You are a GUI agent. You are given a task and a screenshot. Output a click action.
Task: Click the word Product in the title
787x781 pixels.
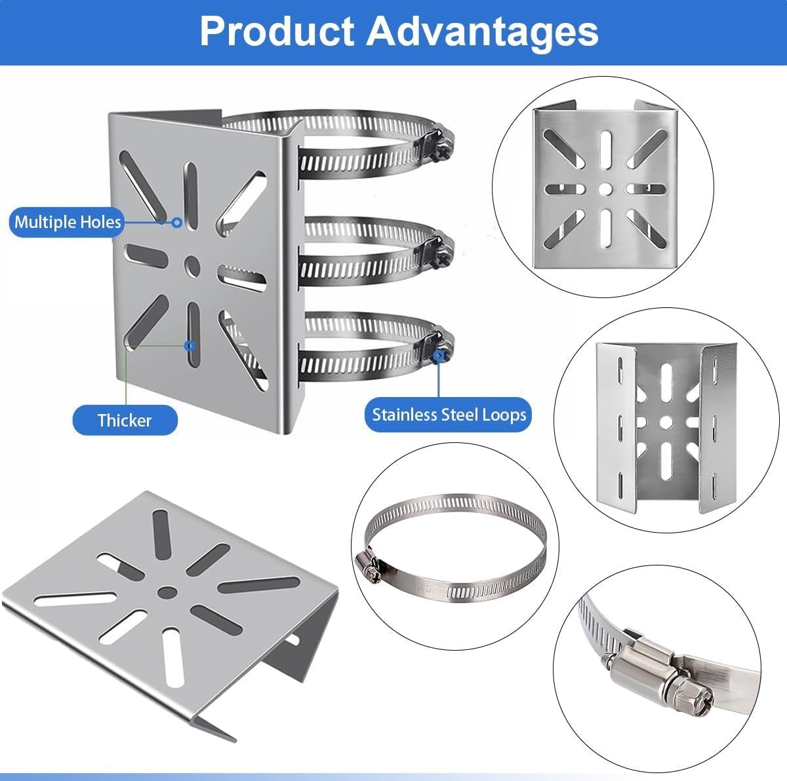coord(277,31)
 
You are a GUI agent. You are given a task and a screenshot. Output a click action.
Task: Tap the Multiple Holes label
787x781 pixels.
coord(67,222)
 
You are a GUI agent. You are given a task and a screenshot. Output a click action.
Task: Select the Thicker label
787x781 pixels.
coord(125,420)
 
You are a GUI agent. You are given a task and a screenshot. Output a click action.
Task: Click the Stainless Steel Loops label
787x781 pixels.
coord(449,415)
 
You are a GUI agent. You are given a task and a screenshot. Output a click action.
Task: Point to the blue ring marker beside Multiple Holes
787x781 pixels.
coord(177,222)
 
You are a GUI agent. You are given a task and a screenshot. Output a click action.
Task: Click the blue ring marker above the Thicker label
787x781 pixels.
coord(189,346)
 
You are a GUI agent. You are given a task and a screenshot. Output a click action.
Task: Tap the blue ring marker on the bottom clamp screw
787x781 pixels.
coord(438,356)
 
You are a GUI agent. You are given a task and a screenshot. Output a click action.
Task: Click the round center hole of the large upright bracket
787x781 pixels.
coord(192,265)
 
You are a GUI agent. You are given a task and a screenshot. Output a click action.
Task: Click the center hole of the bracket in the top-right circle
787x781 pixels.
coord(606,189)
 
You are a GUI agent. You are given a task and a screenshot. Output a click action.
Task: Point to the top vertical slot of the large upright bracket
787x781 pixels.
coord(191,196)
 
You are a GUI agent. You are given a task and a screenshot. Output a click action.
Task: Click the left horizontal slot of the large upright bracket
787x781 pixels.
coord(146,256)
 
